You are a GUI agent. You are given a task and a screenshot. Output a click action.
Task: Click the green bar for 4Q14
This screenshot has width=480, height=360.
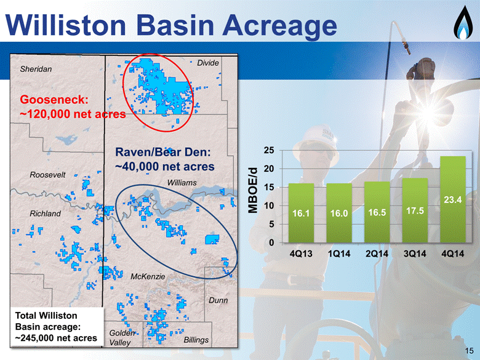click(453, 199)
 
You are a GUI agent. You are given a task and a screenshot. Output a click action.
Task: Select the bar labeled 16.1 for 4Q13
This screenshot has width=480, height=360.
click(301, 213)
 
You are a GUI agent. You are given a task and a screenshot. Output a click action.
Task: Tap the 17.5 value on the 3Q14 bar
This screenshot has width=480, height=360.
click(415, 210)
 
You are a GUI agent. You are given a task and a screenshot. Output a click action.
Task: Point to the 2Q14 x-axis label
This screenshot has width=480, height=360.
click(377, 254)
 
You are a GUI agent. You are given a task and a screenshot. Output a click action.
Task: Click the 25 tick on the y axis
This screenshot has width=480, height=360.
click(269, 150)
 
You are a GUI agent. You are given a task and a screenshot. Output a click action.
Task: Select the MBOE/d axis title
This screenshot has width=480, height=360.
click(253, 190)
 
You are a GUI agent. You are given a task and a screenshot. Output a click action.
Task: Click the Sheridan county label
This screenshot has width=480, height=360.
click(36, 69)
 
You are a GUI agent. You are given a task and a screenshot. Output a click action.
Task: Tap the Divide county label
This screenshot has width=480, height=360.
click(208, 63)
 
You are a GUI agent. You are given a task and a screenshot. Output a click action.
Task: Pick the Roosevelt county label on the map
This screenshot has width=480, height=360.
click(47, 175)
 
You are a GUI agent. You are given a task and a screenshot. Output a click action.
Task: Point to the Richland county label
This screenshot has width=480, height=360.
click(45, 214)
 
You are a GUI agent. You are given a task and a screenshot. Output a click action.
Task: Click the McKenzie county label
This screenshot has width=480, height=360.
click(148, 277)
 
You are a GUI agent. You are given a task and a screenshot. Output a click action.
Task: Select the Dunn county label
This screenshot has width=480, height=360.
click(218, 300)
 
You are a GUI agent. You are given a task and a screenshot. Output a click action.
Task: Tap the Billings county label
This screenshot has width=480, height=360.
click(196, 340)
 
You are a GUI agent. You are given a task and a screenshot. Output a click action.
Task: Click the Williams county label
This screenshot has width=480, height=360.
click(182, 183)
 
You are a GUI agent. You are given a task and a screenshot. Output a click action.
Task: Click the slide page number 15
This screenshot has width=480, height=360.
click(469, 351)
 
